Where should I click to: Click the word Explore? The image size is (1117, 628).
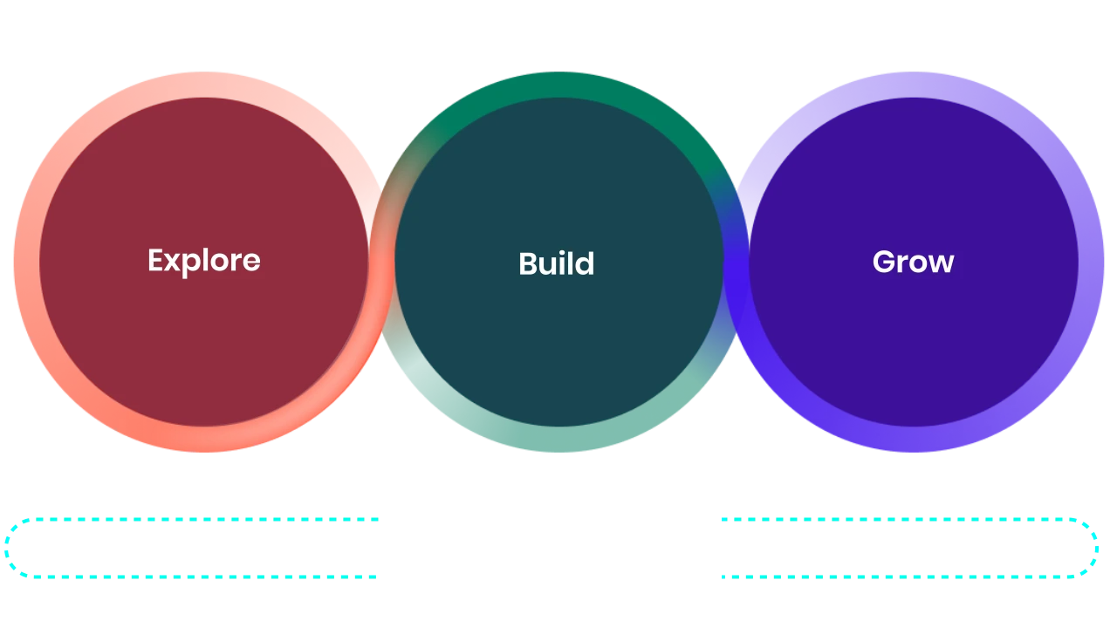204,261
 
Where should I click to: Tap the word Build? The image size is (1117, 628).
557,263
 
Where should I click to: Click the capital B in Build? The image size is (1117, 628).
528,263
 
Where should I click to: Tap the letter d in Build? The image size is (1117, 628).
585,263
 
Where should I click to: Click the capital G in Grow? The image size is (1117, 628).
884,261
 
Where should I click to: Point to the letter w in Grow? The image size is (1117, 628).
941,264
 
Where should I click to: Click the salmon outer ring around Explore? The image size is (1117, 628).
26,263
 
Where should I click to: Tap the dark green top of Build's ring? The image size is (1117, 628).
558,85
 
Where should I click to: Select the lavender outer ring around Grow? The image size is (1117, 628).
1091,263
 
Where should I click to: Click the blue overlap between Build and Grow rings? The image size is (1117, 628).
736,263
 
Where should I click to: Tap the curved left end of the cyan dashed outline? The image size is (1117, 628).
7,549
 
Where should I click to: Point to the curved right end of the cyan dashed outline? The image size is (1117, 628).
1096,549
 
